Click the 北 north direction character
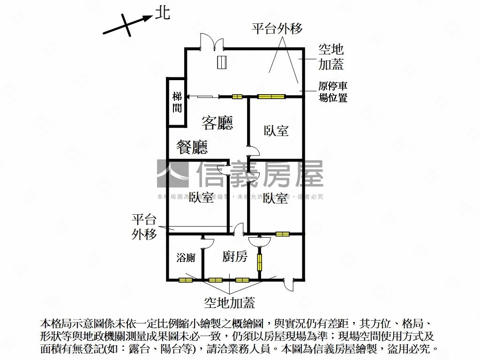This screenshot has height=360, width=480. tap(163, 14)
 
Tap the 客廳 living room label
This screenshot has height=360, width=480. tap(217, 123)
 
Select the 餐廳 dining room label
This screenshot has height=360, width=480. tap(192, 148)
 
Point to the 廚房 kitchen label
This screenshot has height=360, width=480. tap(234, 256)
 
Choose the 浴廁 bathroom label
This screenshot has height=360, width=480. tap(186, 257)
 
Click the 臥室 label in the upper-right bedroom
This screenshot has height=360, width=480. tap(276, 131)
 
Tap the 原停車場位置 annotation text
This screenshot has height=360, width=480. tap(333, 92)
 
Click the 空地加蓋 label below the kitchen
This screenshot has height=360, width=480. tap(230, 302)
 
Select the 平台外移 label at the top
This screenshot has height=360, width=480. tap(277, 29)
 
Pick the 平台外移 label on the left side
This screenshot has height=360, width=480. tap(144, 226)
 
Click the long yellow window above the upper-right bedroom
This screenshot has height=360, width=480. tap(271, 97)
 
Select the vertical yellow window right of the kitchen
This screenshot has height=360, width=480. tap(259, 262)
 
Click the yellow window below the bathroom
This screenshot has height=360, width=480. tap(186, 280)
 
